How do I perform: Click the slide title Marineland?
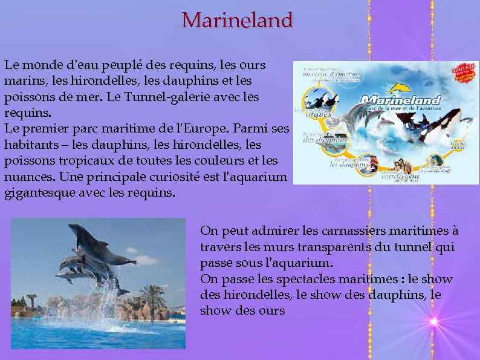[x=237, y=20]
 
